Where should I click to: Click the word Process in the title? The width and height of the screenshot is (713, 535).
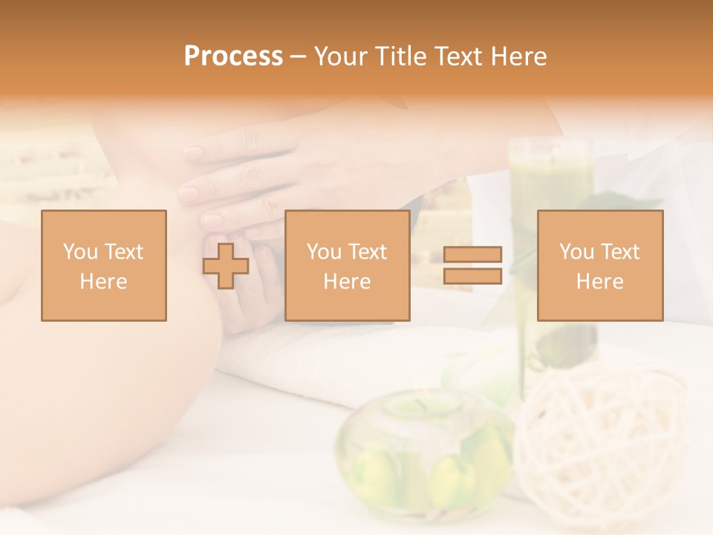233,56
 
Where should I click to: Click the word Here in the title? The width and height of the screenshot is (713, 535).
519,56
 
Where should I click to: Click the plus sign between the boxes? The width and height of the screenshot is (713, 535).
226,265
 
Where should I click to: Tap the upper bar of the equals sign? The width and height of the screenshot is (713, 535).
472,254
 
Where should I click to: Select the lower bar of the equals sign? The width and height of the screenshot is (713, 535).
472,276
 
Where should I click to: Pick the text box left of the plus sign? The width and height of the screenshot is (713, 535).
103,265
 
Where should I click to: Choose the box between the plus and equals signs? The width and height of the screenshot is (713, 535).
347,265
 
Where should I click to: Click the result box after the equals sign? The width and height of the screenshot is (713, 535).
599,265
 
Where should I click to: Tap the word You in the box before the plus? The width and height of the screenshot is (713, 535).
79,251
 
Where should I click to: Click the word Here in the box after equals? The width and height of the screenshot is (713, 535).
599,282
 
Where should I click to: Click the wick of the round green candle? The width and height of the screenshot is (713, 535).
420,404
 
